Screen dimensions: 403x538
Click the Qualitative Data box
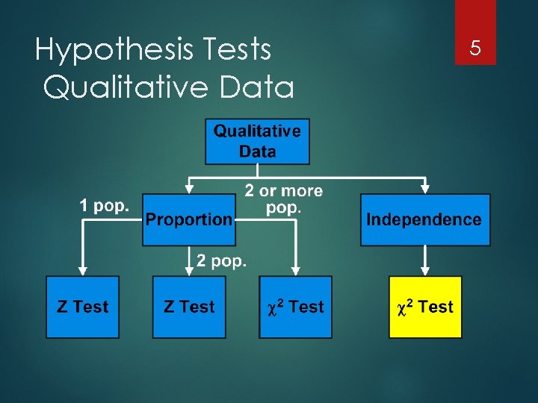coord(257,141)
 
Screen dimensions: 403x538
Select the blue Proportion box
coord(189,219)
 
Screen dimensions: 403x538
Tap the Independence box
coord(425,219)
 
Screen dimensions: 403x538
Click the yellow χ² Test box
coord(425,307)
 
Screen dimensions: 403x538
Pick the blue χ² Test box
coord(296,307)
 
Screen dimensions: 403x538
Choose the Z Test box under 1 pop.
coord(83,307)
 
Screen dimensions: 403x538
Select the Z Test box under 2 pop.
coord(189,307)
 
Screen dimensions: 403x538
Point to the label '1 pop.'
coord(105,205)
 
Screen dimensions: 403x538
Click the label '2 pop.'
coord(223,260)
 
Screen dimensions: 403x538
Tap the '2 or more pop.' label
coord(284,199)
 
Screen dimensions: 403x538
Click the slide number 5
coord(474,49)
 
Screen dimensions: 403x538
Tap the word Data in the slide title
coord(254,88)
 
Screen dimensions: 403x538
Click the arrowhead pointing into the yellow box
coord(425,270)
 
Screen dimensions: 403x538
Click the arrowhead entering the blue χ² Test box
coord(296,270)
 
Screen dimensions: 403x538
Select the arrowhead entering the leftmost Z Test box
coord(83,270)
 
